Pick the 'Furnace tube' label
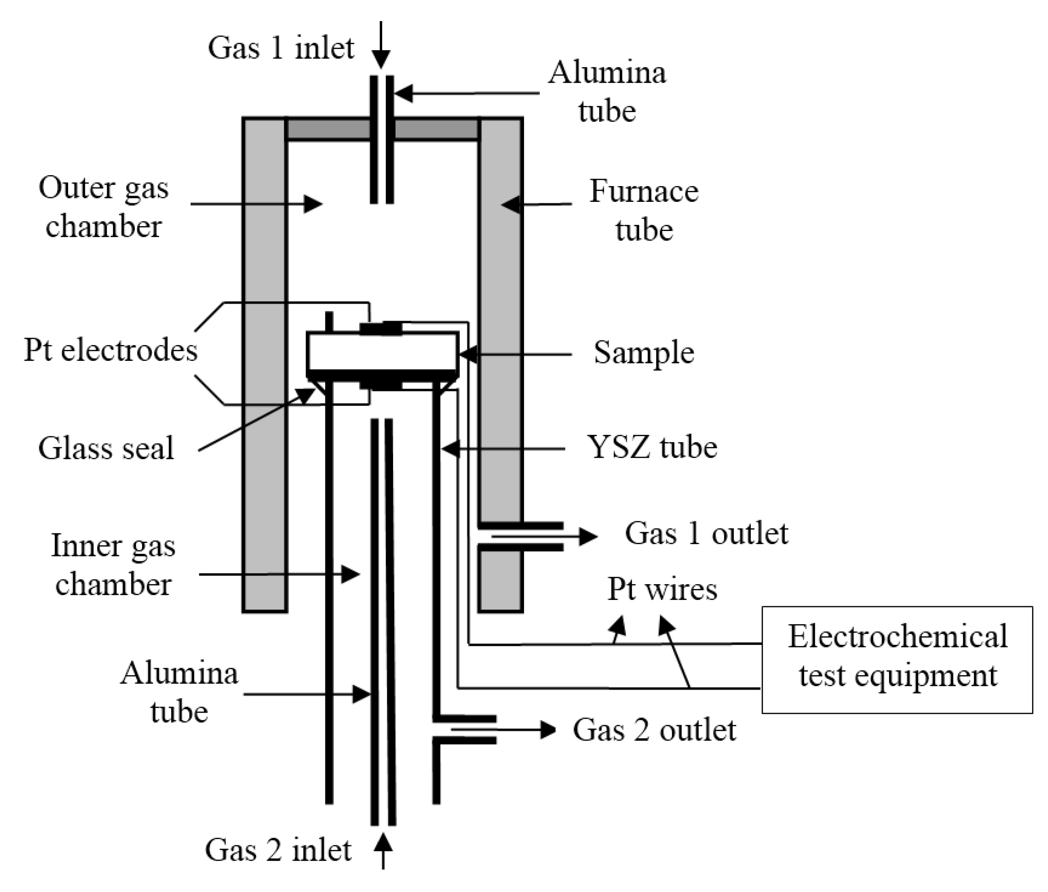(644, 210)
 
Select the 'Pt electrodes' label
(110, 350)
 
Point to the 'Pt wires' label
(662, 589)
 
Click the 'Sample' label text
(644, 352)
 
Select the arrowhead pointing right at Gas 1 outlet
(588, 536)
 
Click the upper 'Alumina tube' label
(607, 92)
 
